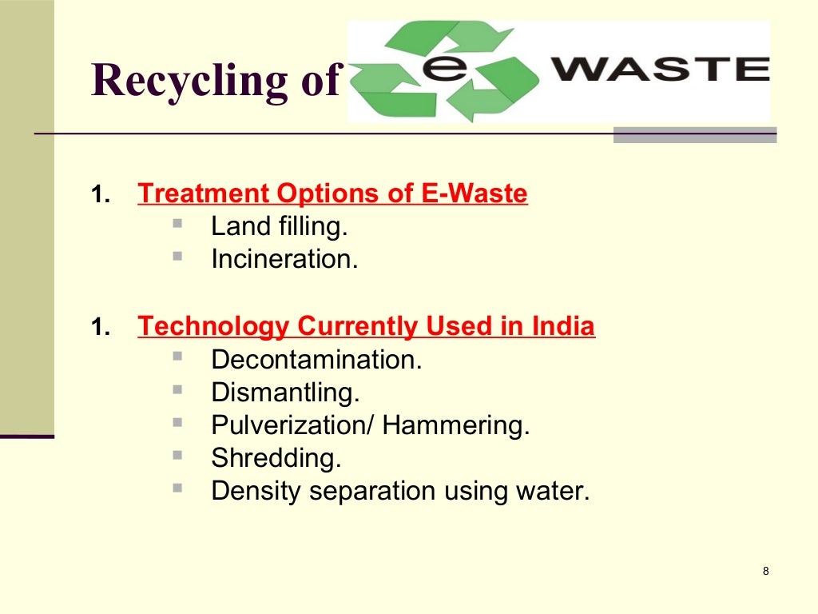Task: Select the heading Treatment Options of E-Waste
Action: pyautogui.click(x=332, y=193)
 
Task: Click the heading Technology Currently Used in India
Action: pyautogui.click(x=366, y=326)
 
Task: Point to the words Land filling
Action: pyautogui.click(x=280, y=227)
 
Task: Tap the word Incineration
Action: pyautogui.click(x=284, y=259)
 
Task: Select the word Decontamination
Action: pyautogui.click(x=316, y=360)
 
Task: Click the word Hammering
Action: pyautogui.click(x=455, y=425)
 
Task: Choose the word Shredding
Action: pyautogui.click(x=276, y=458)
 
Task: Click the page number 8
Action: pyautogui.click(x=766, y=571)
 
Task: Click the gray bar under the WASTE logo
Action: pyautogui.click(x=694, y=135)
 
